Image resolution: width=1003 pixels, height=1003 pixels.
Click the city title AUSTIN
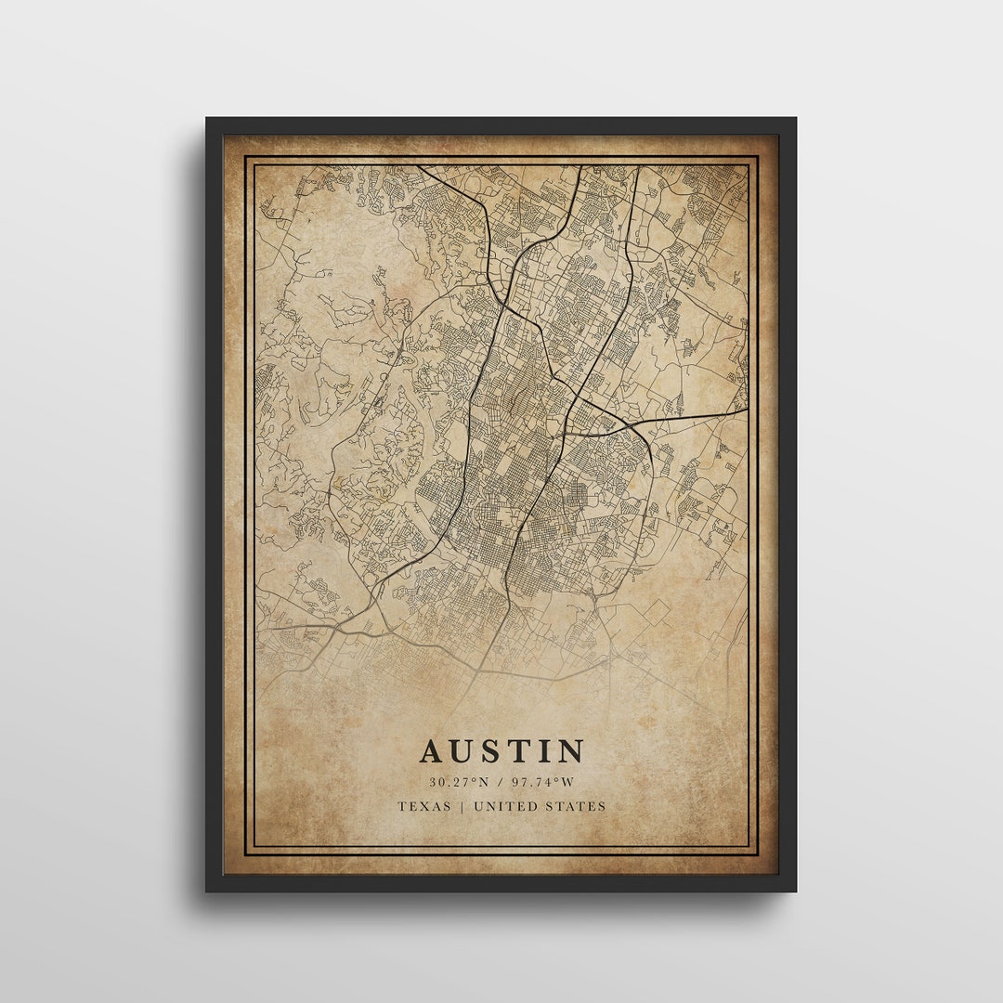(x=501, y=751)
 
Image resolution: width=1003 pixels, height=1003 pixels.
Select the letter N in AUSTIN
(x=569, y=751)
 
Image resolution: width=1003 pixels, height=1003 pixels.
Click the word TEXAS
(x=424, y=806)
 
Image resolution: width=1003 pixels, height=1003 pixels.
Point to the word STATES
(x=578, y=806)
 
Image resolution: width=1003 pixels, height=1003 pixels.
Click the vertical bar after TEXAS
(x=462, y=806)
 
